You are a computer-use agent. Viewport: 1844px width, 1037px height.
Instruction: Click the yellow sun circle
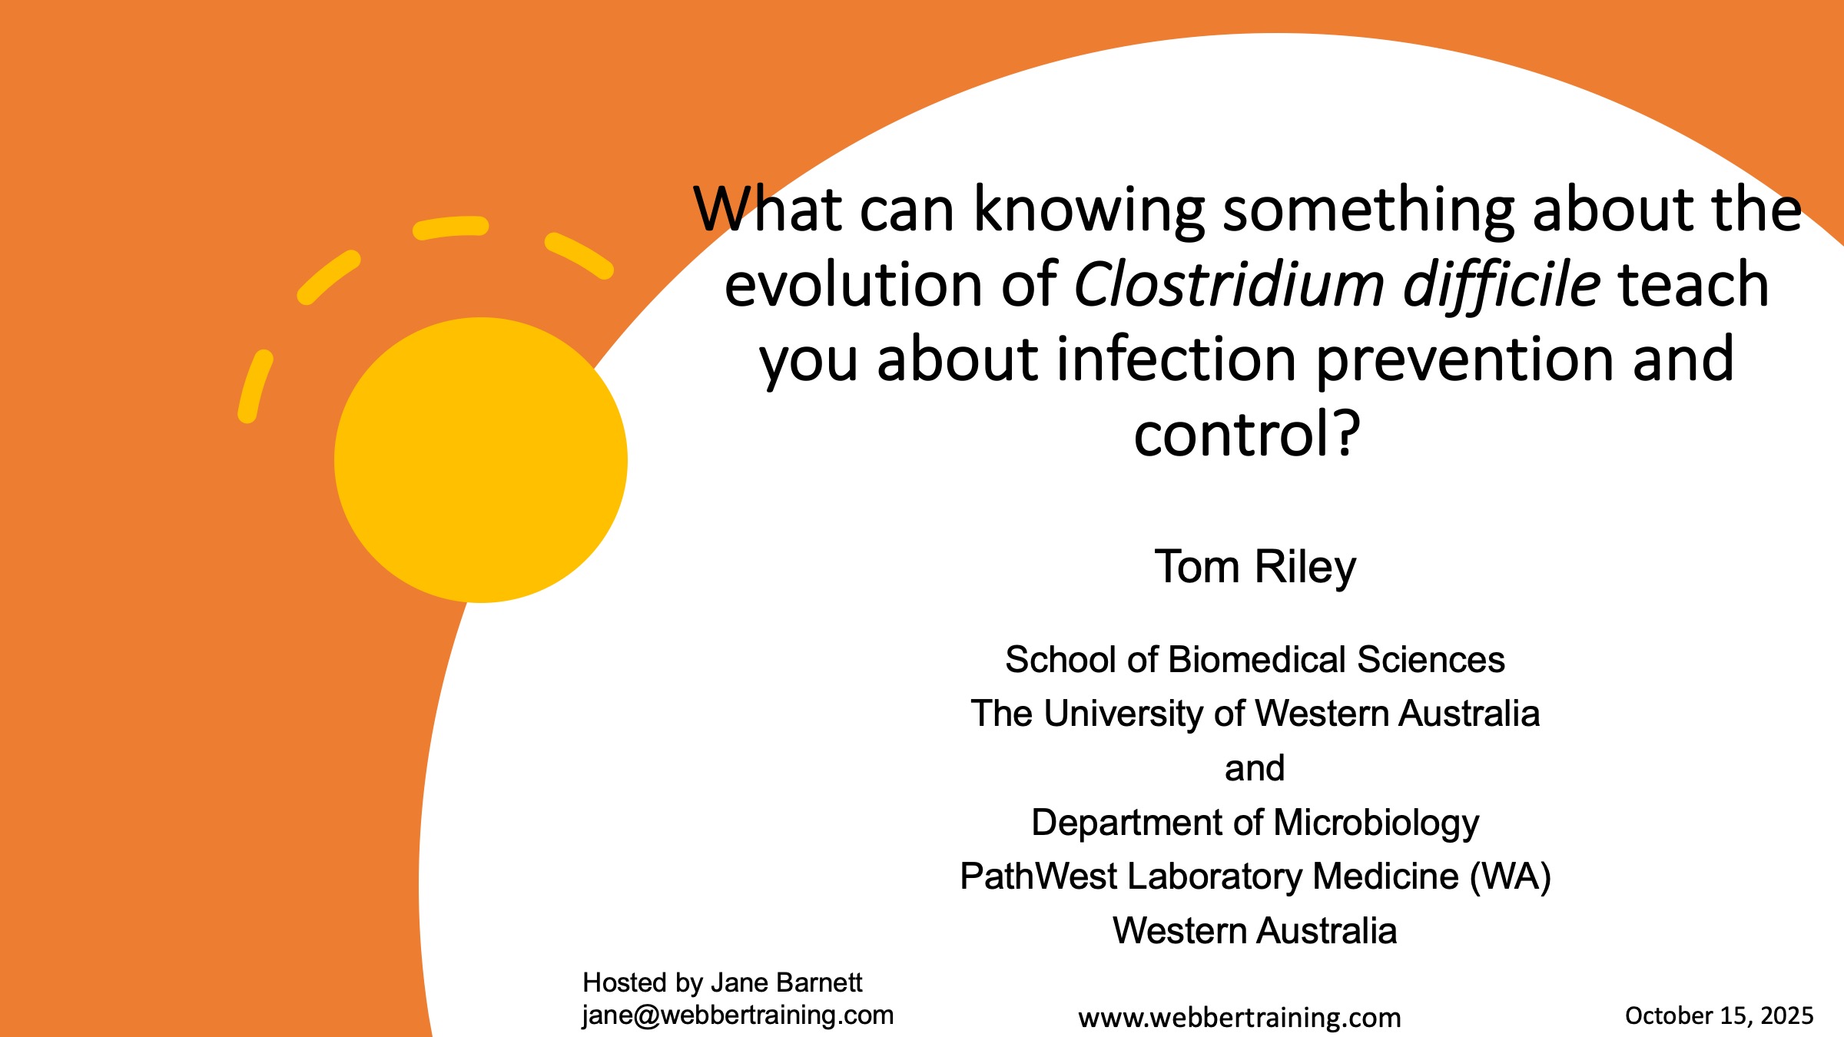pyautogui.click(x=481, y=460)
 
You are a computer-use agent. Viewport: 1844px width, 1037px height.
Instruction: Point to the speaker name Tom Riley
pyautogui.click(x=1255, y=567)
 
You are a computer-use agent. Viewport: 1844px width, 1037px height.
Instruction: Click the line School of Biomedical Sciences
pyautogui.click(x=1255, y=659)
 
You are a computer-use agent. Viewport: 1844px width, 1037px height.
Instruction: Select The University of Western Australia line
pyautogui.click(x=1255, y=714)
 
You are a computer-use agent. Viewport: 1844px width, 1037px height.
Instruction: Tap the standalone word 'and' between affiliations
pyautogui.click(x=1255, y=767)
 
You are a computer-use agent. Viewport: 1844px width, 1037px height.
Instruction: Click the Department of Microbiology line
pyautogui.click(x=1255, y=823)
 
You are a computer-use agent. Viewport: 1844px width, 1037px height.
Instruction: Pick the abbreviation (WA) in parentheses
pyautogui.click(x=1510, y=876)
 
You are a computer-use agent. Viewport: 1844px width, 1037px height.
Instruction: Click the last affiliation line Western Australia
pyautogui.click(x=1255, y=930)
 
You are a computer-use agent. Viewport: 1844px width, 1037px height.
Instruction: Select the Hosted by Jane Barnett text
pyautogui.click(x=722, y=982)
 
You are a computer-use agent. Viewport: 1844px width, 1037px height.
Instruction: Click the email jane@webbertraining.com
pyautogui.click(x=738, y=1015)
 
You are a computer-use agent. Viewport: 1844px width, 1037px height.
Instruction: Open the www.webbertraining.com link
pyautogui.click(x=1239, y=1018)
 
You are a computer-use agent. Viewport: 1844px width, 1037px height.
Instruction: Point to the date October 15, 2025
pyautogui.click(x=1719, y=1015)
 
